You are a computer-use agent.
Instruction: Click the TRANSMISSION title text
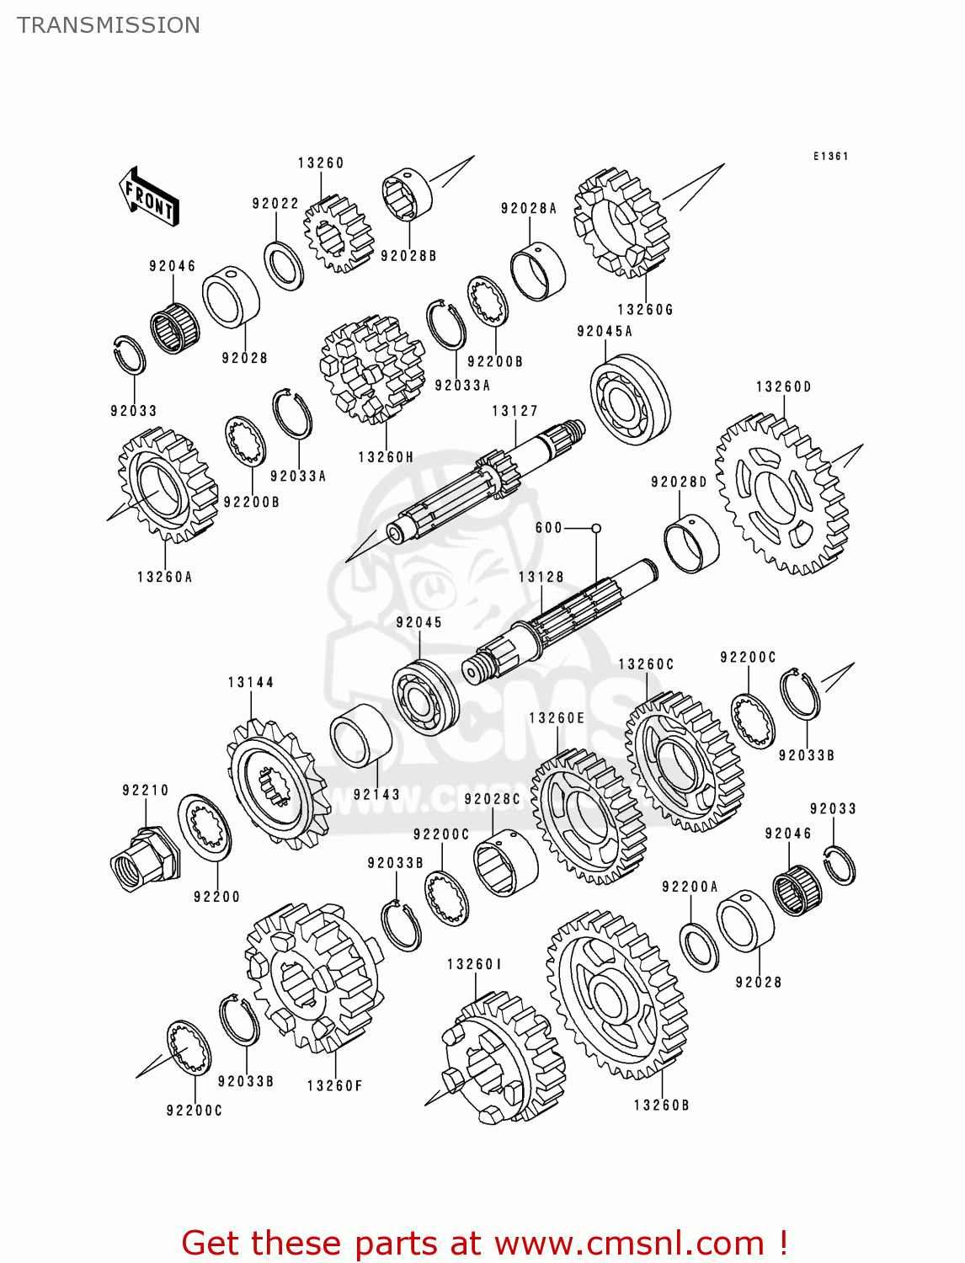pyautogui.click(x=109, y=25)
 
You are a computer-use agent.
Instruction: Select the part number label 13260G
pyautogui.click(x=645, y=310)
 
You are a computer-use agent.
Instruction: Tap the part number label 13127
pyautogui.click(x=514, y=411)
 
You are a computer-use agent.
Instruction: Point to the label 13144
pyautogui.click(x=250, y=682)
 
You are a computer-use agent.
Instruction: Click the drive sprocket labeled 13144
pyautogui.click(x=276, y=783)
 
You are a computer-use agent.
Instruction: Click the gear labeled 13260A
pyautogui.click(x=166, y=484)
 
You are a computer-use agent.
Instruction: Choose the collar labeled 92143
pyautogui.click(x=360, y=735)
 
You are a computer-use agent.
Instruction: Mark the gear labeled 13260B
pyautogui.click(x=617, y=994)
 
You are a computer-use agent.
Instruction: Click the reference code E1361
pyautogui.click(x=830, y=157)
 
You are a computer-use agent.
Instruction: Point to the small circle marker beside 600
pyautogui.click(x=596, y=528)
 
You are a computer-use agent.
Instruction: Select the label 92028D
pyautogui.click(x=679, y=482)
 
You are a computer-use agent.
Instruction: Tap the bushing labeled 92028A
pyautogui.click(x=538, y=271)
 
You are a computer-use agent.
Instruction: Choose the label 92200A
pyautogui.click(x=690, y=887)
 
